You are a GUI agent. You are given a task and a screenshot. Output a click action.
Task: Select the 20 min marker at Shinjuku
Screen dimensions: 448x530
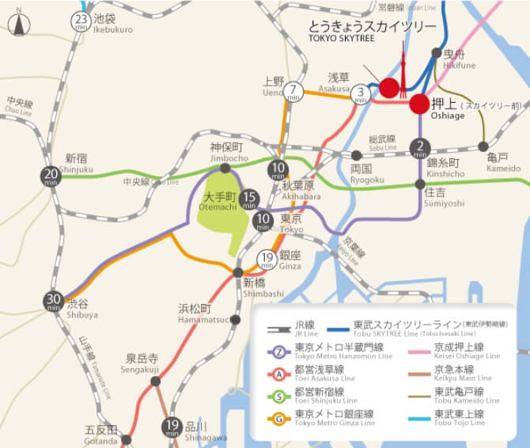(x=51, y=176)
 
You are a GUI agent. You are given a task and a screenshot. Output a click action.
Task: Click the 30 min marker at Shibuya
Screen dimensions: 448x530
(x=54, y=301)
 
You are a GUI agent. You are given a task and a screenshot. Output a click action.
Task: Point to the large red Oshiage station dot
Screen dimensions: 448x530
(x=419, y=104)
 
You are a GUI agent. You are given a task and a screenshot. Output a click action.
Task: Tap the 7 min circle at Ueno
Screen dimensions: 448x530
(x=294, y=91)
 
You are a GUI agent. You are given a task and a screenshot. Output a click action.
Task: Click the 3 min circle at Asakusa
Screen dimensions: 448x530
(x=362, y=93)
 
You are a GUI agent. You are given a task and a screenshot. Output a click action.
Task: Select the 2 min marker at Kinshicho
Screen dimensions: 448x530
(x=420, y=146)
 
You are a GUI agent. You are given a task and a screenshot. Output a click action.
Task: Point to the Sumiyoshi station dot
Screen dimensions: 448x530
(x=420, y=184)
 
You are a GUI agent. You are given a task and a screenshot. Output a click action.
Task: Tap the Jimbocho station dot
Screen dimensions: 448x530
(x=225, y=168)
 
